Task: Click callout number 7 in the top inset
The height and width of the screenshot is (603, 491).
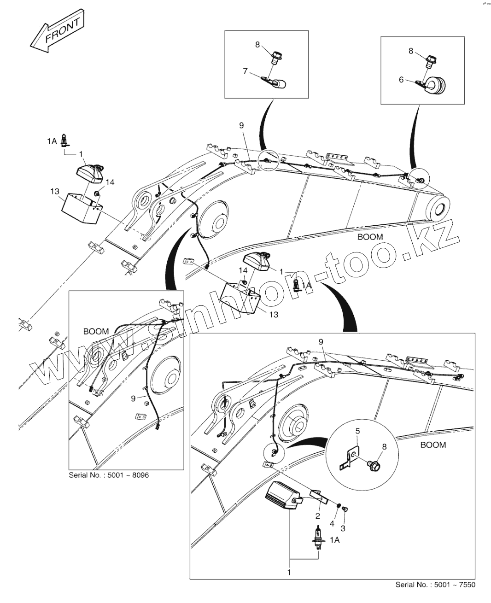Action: pos(245,71)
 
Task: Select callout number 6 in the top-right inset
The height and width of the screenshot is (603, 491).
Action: pos(401,80)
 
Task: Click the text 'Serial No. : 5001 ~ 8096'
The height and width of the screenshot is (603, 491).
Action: pos(109,475)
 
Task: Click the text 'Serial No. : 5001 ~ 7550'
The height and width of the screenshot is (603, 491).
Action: pos(435,585)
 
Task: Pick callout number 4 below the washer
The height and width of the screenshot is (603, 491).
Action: pos(332,523)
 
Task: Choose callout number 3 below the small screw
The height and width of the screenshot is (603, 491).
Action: pos(343,527)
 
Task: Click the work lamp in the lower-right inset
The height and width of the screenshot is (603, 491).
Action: pos(282,495)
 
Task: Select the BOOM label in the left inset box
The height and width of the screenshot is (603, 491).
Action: pos(96,331)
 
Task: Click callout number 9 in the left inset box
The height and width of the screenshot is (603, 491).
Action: pos(133,398)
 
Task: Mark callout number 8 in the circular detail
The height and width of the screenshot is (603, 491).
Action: pos(384,446)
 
